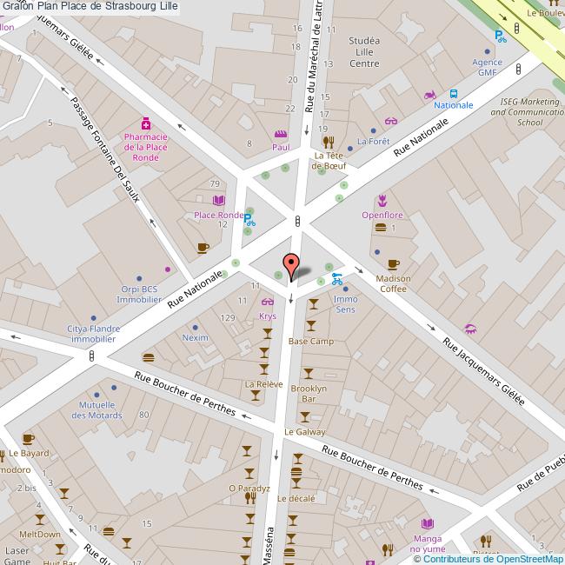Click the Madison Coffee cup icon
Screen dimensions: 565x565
[x=393, y=264]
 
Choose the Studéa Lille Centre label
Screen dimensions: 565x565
[x=362, y=52]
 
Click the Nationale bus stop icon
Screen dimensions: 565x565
[x=454, y=94]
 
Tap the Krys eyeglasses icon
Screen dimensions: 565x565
[x=268, y=302]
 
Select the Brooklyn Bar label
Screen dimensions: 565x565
[x=309, y=393]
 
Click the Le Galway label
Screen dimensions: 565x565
[x=304, y=432]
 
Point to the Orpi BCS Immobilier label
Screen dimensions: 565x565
[x=139, y=294]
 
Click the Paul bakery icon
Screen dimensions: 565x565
[x=280, y=135]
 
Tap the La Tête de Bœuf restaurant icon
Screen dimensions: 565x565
[x=328, y=142]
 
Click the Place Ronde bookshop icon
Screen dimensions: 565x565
[x=218, y=201]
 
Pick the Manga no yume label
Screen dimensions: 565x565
[x=427, y=543]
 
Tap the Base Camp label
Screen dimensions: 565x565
[x=311, y=342]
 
